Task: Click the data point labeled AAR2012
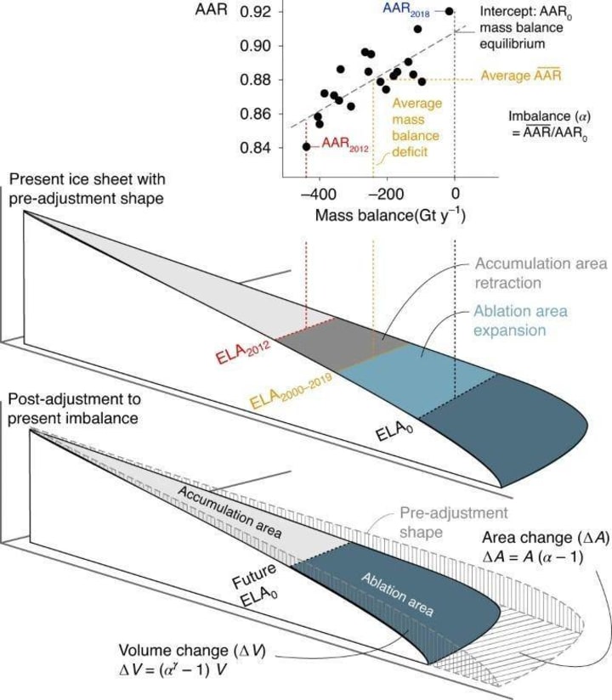[307, 147]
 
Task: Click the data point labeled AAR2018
[450, 11]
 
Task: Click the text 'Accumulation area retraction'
[541, 273]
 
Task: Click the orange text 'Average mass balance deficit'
[416, 127]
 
